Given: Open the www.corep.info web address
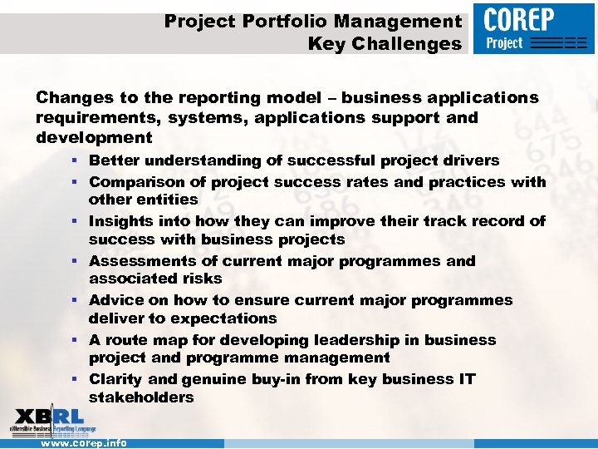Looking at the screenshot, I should (84, 443).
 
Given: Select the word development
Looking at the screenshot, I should (94, 138).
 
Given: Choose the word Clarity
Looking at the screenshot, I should (116, 379).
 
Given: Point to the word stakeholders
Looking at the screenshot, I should (141, 397).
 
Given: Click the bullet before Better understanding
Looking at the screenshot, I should (75, 160).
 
